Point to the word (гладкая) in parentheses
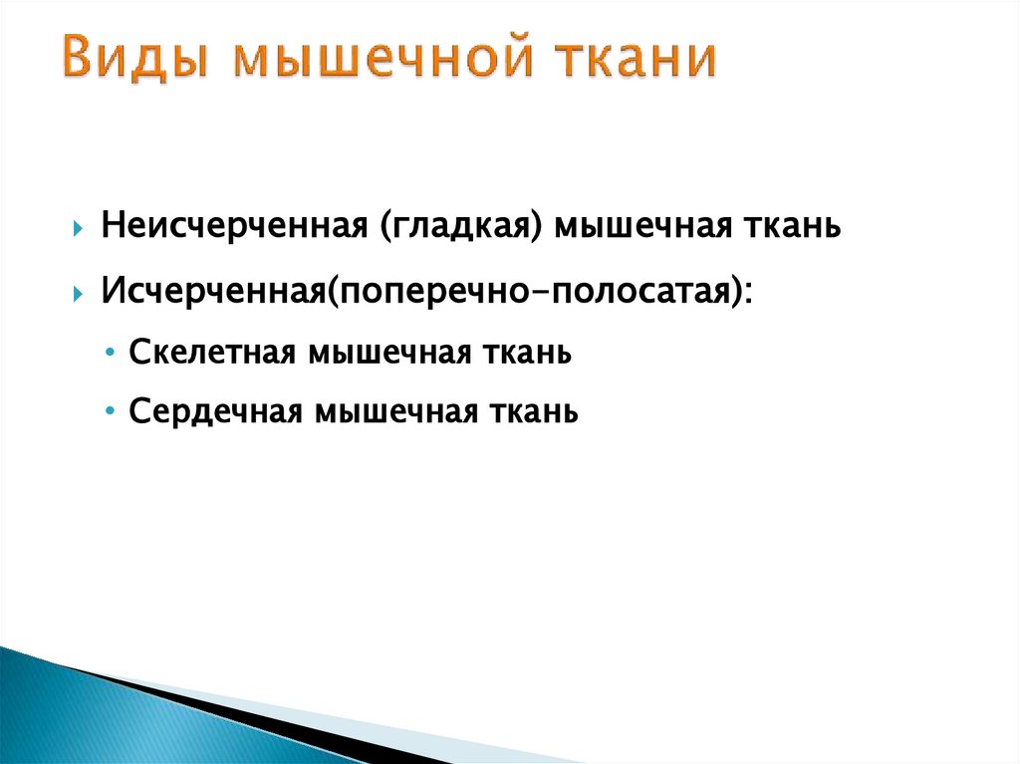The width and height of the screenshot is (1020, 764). pyautogui.click(x=460, y=227)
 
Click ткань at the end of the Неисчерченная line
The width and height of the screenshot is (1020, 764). pyautogui.click(x=794, y=226)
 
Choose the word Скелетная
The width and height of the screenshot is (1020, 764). pyautogui.click(x=211, y=354)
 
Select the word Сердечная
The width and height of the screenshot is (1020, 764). pyautogui.click(x=215, y=411)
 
